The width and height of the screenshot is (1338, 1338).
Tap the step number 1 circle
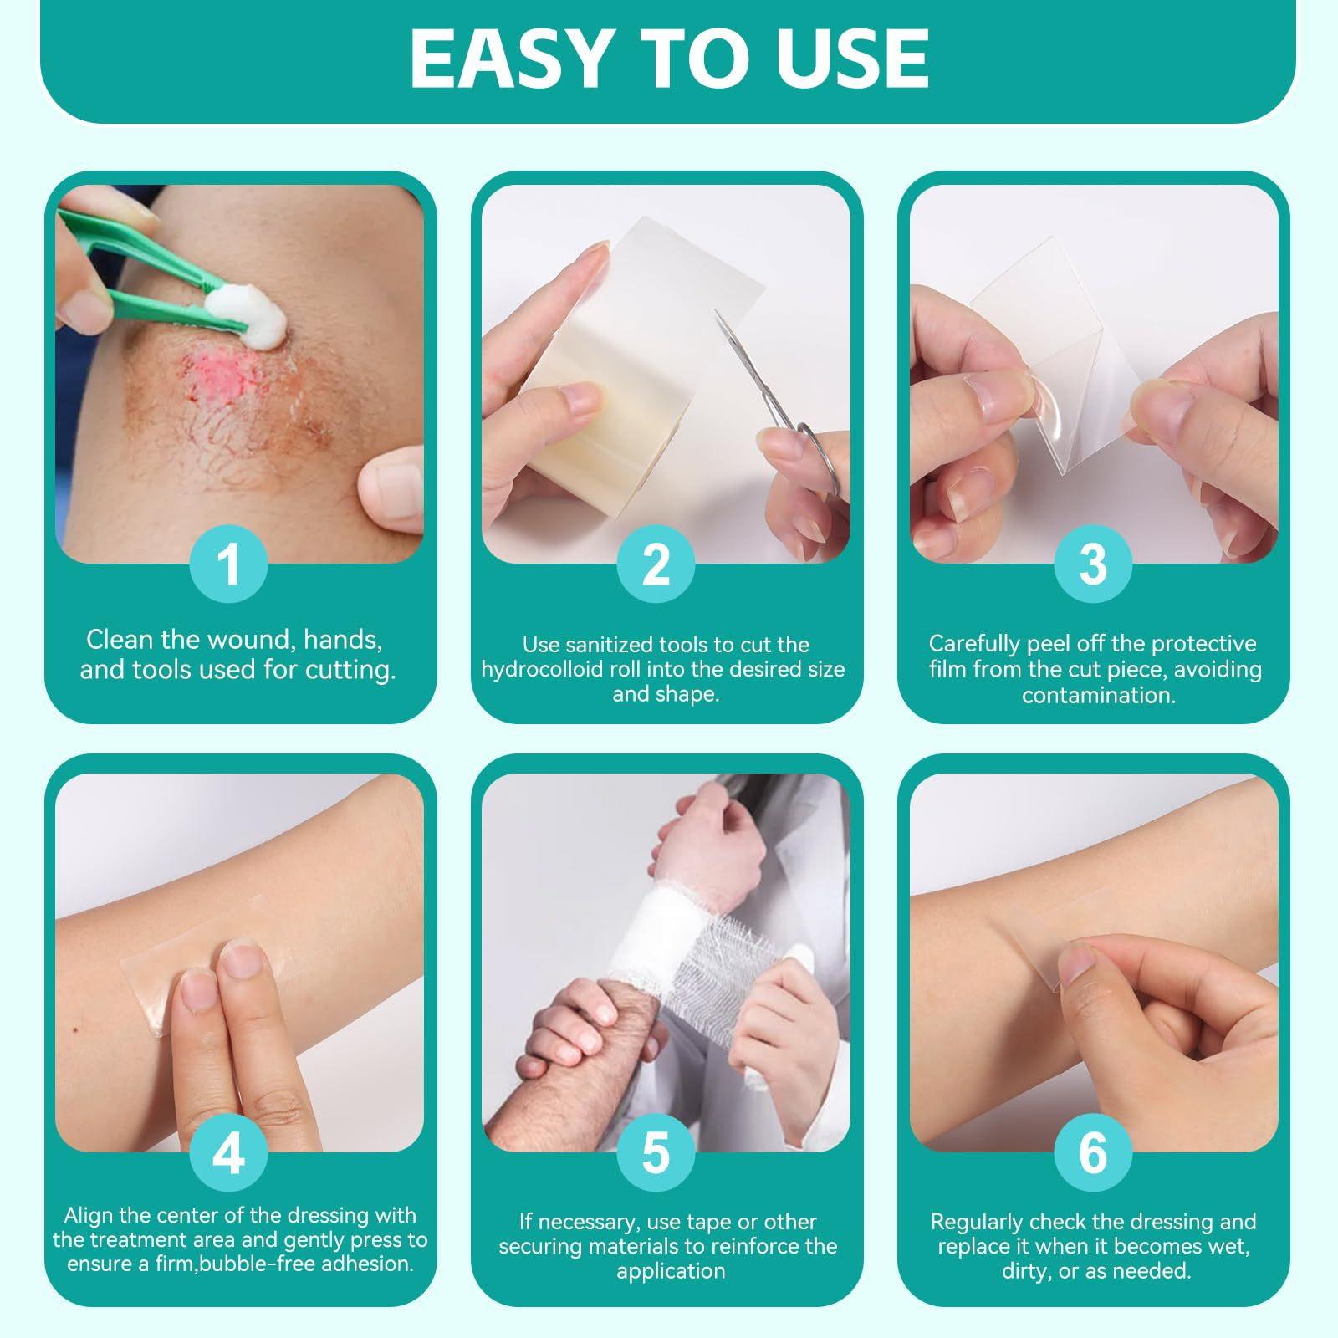point(228,564)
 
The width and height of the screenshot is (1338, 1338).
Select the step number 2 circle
point(656,564)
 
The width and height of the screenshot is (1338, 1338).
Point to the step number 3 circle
point(1093,564)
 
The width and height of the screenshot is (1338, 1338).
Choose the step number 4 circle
point(228,1153)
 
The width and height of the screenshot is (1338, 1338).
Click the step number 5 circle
point(656,1153)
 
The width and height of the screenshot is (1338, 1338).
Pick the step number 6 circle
point(1093,1153)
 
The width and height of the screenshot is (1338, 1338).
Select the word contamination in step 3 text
point(1098,695)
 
